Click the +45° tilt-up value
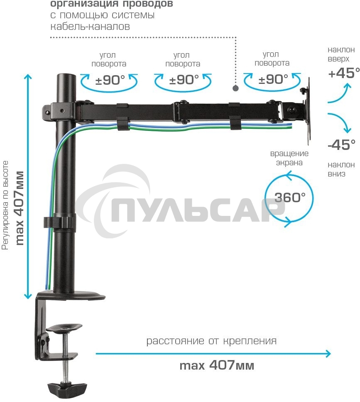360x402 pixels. point(344,74)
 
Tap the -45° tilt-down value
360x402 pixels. point(341,145)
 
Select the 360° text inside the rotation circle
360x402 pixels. point(290,197)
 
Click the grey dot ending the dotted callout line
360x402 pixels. point(235,88)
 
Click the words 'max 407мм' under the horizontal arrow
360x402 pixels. point(217,366)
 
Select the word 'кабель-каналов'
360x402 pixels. point(90,27)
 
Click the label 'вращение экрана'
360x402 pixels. point(289,158)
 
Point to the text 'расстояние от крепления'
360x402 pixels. point(211,341)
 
